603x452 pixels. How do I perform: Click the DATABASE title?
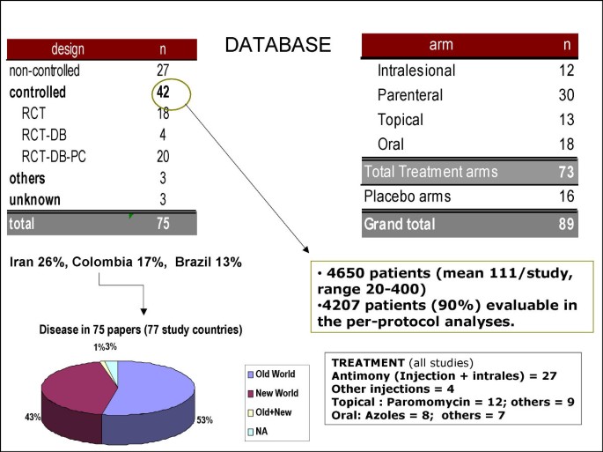point(276,46)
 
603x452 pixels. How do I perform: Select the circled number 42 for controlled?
point(163,91)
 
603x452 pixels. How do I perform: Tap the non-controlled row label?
point(45,70)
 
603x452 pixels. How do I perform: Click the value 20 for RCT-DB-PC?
point(163,157)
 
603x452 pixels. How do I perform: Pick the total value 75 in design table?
point(163,224)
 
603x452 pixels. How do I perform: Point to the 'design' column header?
point(68,48)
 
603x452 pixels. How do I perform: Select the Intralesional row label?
point(417,70)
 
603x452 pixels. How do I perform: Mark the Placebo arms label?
point(408,196)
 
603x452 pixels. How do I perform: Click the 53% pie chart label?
point(206,420)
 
